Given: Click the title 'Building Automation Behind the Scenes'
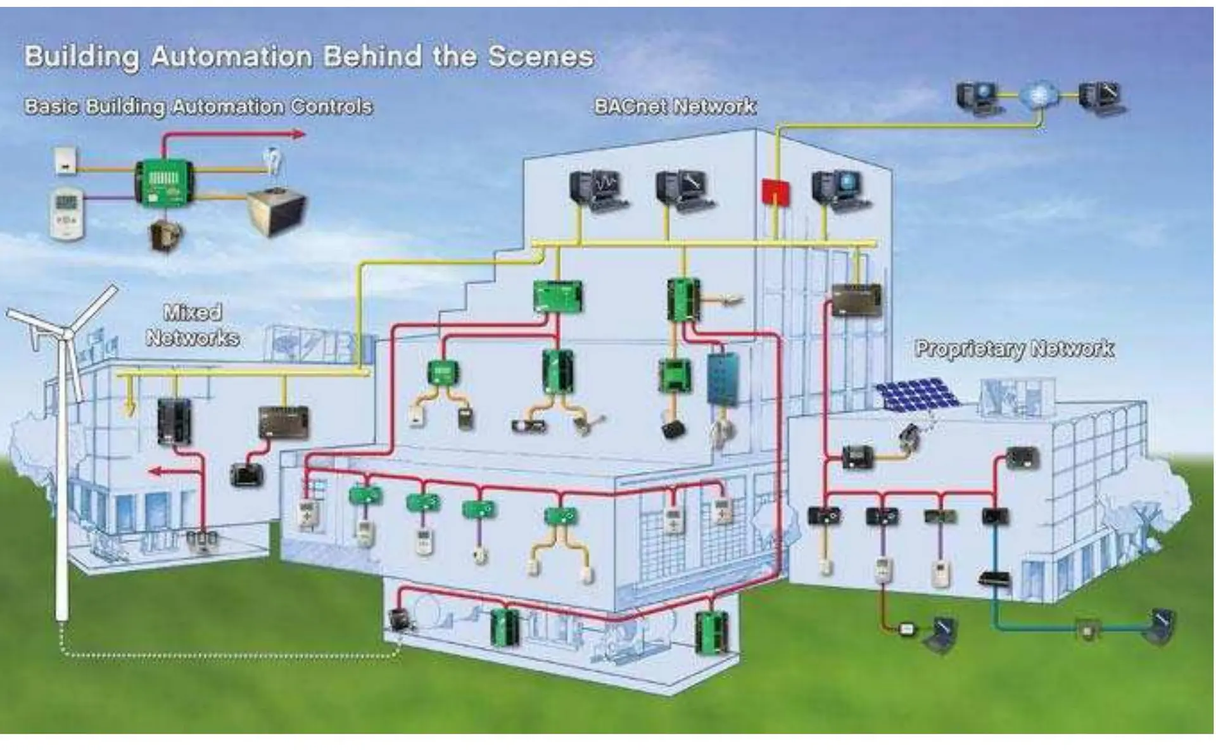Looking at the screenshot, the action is pyautogui.click(x=309, y=57).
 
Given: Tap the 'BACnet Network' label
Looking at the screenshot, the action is pyautogui.click(x=675, y=106).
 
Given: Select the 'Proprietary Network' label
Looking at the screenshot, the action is pyautogui.click(x=1015, y=348).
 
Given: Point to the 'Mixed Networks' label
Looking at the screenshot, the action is pyautogui.click(x=193, y=325).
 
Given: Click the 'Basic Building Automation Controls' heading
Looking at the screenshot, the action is pyautogui.click(x=198, y=106).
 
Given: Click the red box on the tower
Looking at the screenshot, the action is pyautogui.click(x=776, y=191).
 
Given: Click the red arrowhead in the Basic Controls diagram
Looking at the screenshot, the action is pyautogui.click(x=299, y=134).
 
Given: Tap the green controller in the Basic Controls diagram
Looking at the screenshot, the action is pyautogui.click(x=164, y=181).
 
